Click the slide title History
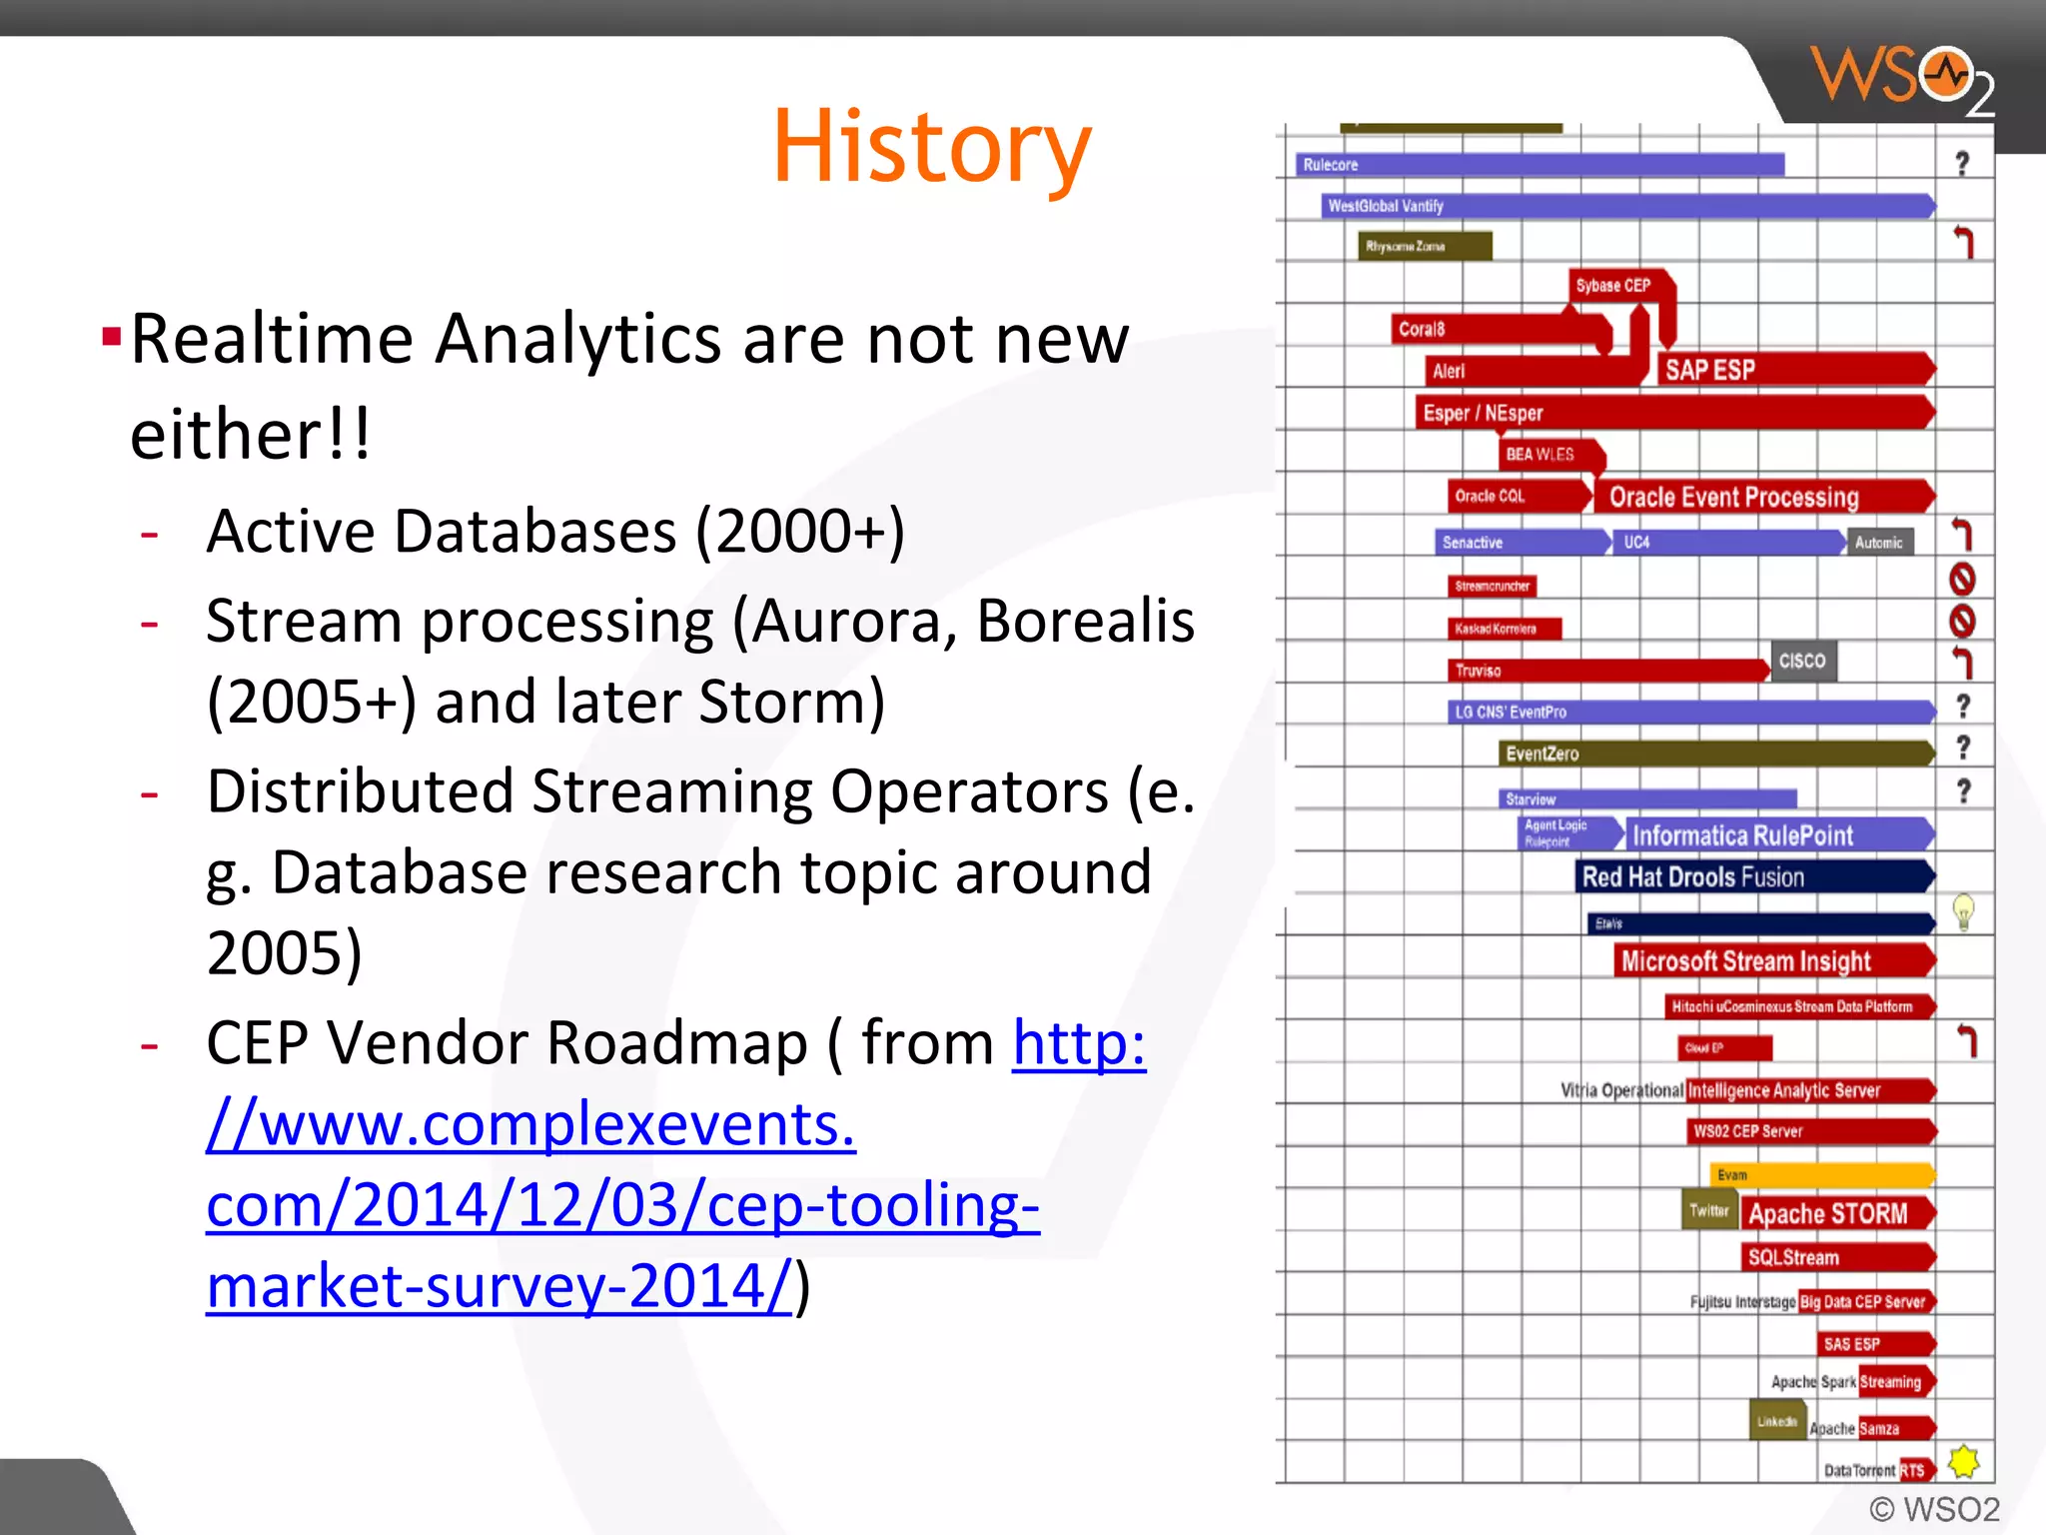931,147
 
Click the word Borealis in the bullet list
1085,621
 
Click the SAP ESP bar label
1710,370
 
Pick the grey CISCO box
1802,661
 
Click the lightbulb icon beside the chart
1963,912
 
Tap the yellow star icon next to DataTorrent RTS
1963,1462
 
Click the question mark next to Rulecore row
1962,164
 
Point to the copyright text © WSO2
1934,1508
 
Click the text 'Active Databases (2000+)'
554,531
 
